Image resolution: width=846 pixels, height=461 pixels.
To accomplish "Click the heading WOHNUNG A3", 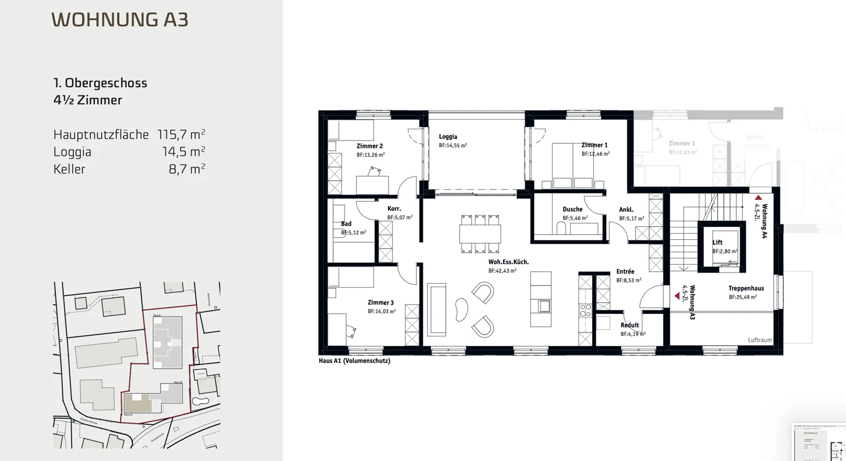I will point(120,20).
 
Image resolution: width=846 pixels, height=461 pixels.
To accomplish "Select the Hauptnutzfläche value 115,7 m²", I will point(181,134).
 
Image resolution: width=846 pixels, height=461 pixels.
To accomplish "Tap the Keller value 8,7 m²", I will point(187,169).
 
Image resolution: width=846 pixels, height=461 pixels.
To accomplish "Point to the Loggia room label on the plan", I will point(448,137).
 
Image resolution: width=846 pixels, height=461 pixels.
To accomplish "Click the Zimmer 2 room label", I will point(369,146).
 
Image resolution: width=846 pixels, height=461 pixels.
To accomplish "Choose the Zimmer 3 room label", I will point(381,302).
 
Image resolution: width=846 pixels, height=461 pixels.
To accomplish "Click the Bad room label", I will point(346,224).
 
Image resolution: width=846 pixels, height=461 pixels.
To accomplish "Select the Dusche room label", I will point(572,209).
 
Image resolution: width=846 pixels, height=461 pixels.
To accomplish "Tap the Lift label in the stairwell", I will point(717,243).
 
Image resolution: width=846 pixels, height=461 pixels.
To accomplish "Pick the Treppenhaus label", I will point(746,288).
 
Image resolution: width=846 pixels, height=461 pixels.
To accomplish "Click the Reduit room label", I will point(629,325).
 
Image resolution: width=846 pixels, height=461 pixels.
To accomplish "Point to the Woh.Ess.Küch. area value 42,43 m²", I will point(503,271).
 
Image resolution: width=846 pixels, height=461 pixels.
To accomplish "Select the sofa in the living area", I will point(437,310).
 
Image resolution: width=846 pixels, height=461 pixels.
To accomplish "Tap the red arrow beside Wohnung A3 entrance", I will point(677,296).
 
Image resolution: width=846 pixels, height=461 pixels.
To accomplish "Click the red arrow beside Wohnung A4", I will point(759,198).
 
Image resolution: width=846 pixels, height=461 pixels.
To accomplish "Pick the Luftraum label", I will point(759,340).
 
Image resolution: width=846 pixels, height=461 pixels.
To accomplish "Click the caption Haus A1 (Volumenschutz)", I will point(354,361).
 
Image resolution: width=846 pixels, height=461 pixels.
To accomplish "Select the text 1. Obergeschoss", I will point(100,83).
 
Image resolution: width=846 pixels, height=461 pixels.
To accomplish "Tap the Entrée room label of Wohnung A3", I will point(625,271).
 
